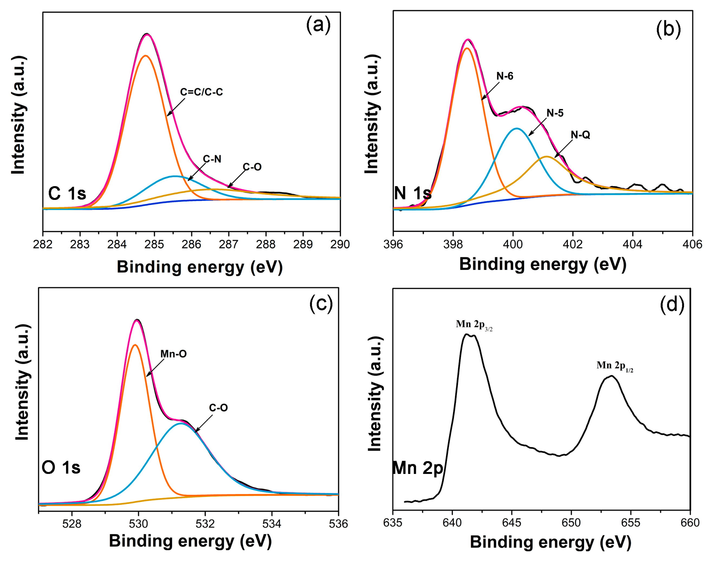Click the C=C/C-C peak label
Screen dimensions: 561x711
pos(201,92)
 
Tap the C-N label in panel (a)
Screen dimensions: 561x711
pos(212,159)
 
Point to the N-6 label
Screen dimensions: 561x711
pos(505,76)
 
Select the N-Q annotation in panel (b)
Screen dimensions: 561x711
pos(580,135)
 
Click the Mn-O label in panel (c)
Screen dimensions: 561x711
pos(173,354)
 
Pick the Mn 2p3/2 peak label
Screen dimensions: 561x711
pos(474,325)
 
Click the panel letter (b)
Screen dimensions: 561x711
pos(668,29)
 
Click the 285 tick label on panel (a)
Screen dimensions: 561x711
pos(154,244)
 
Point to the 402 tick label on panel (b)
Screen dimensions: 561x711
pos(573,244)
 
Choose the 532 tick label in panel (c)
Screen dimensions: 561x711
pos(205,524)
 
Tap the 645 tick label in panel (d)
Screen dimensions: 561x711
pos(512,523)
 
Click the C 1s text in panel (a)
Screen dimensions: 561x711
pos(67,193)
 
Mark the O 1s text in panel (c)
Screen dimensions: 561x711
pos(61,467)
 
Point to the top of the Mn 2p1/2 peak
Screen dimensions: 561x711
pos(611,376)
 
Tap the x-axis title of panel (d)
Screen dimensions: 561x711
pos(550,542)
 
